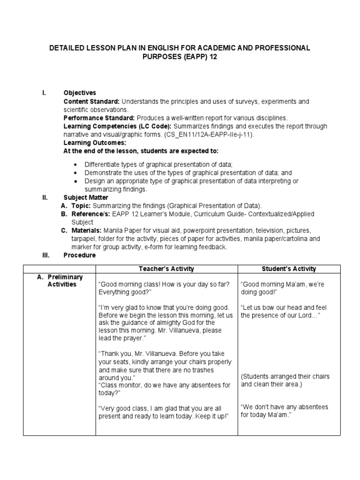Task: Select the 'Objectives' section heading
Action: pos(80,93)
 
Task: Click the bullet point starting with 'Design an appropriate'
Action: pos(191,181)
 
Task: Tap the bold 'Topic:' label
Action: pos(81,206)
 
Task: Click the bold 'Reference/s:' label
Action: pos(91,214)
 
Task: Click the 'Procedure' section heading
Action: pos(80,255)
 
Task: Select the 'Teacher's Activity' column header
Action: pos(166,269)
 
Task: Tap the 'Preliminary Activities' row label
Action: pos(60,281)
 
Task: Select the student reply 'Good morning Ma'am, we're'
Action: pos(282,285)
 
